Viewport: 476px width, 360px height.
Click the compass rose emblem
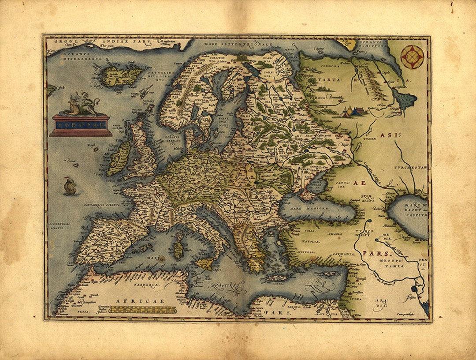pyautogui.click(x=412, y=57)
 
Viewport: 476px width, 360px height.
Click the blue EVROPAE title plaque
pyautogui.click(x=81, y=125)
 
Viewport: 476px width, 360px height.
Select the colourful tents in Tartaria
pyautogui.click(x=353, y=112)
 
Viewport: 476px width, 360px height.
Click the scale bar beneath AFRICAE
pyautogui.click(x=142, y=310)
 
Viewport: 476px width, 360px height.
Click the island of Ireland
pyautogui.click(x=119, y=158)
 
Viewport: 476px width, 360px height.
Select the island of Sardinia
pyautogui.click(x=178, y=250)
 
